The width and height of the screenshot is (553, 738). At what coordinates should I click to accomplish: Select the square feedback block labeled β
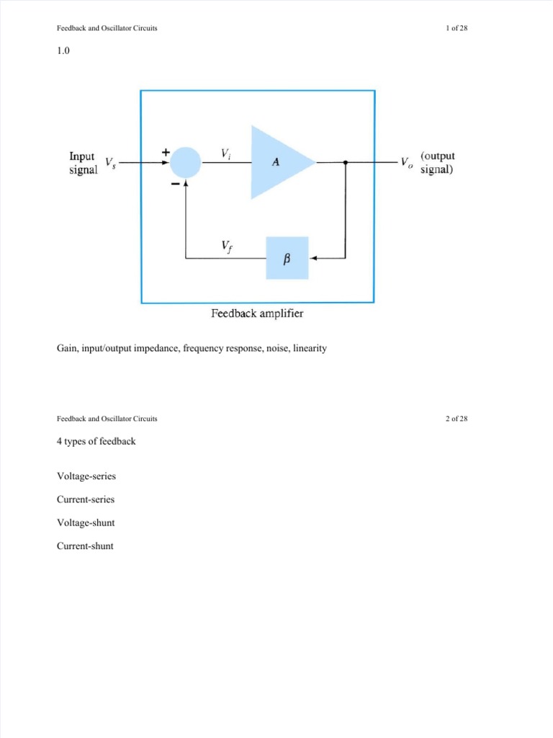287,258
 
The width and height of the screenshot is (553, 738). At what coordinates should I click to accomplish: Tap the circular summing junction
186,163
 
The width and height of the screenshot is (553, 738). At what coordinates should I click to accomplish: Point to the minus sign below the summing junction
175,184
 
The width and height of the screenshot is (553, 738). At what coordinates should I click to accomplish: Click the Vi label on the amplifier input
226,153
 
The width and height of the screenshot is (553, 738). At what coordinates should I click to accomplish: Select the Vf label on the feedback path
227,247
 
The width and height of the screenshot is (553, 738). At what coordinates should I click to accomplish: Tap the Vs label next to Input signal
111,163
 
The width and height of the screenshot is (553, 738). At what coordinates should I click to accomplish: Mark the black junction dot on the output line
346,163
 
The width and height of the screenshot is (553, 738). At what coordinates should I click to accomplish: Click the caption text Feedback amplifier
257,314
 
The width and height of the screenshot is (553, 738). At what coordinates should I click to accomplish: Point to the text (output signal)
438,163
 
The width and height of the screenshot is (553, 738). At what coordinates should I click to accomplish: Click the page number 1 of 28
457,28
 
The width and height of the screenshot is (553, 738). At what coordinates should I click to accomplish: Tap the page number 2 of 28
457,418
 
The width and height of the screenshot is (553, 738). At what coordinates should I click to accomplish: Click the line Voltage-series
86,476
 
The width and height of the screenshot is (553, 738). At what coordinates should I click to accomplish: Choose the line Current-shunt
85,546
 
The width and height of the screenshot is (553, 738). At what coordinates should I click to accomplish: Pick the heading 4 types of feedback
96,441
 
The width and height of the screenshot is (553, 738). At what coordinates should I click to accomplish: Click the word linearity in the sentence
310,348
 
